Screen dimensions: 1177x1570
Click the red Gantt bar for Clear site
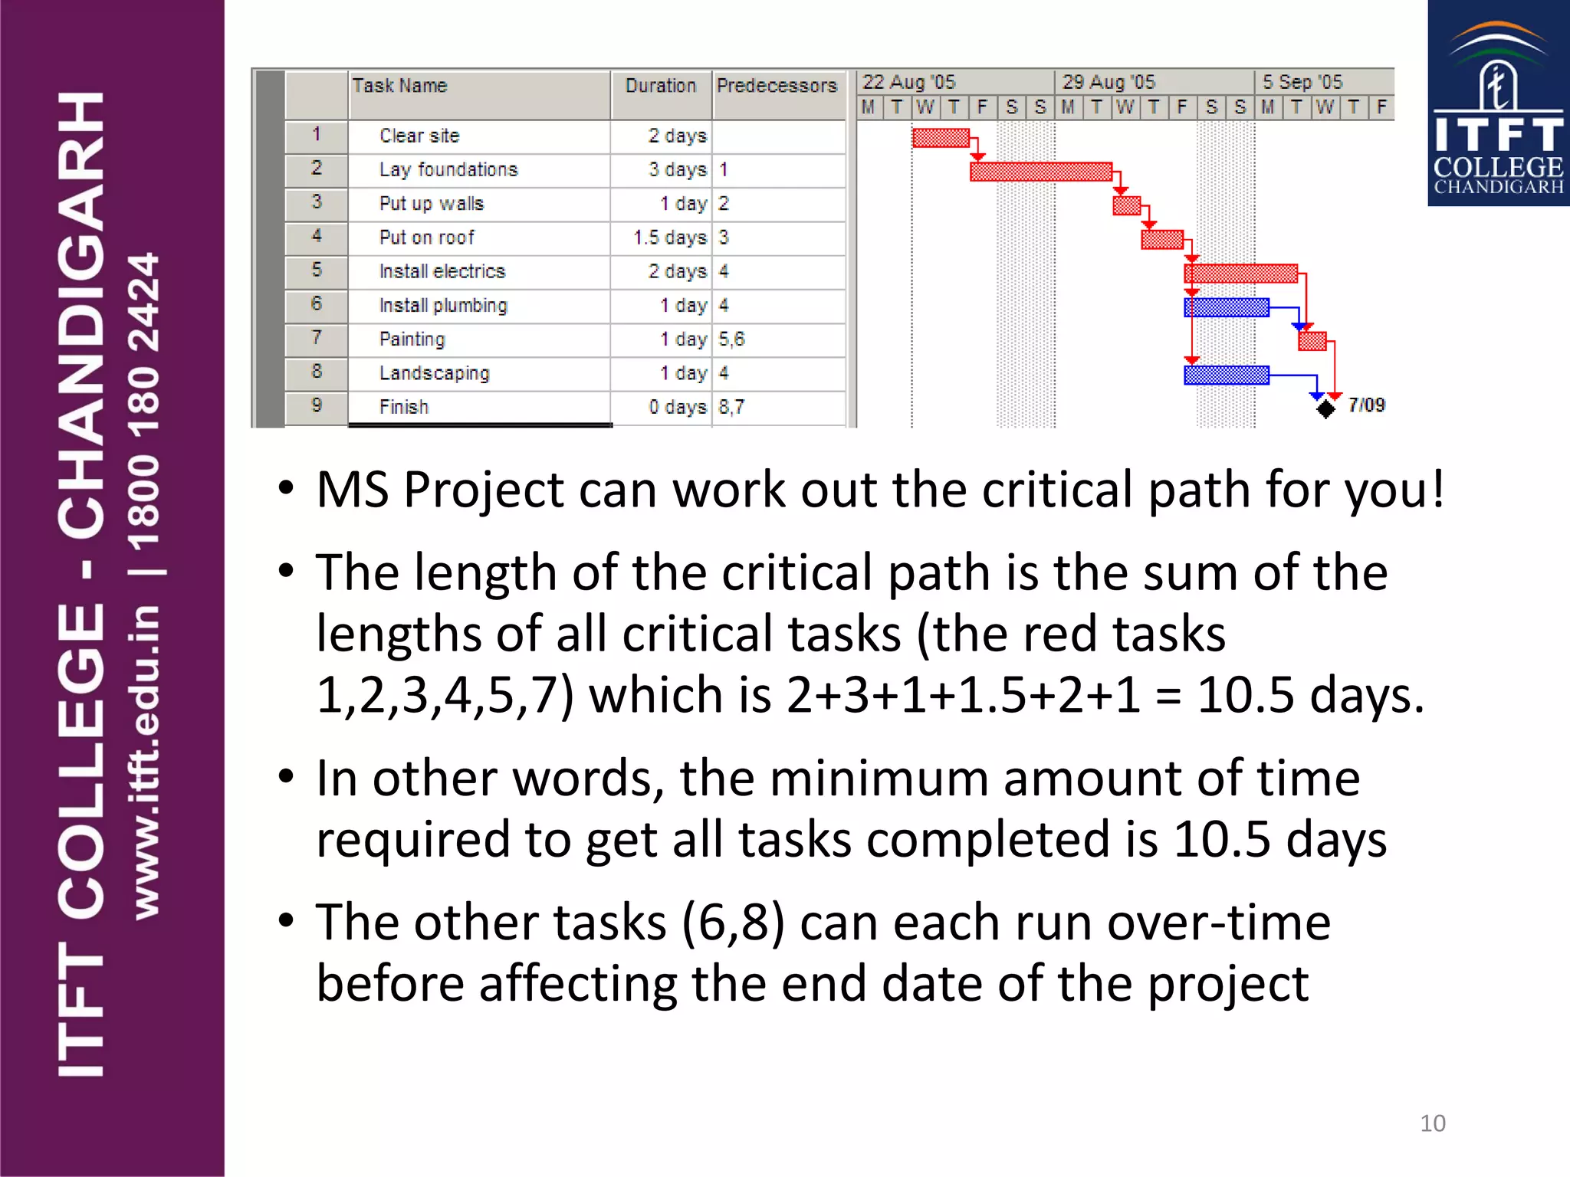941,138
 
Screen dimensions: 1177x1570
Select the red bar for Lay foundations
1040,172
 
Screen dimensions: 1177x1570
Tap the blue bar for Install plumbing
1226,307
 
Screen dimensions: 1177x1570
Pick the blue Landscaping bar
1226,375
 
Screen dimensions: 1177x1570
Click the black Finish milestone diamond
1325,409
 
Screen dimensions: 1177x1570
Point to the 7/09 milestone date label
1367,405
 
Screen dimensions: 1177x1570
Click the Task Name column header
400,86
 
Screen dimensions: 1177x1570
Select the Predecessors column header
777,86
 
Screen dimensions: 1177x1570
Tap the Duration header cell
660,86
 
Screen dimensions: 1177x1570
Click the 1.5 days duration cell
669,238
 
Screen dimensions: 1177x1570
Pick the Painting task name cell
412,339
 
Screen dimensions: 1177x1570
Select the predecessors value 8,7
731,407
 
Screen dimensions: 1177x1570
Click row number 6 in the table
317,304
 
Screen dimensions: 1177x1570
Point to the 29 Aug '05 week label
1109,82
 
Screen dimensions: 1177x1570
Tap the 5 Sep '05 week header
1302,82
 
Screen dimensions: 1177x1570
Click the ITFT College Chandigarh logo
1498,103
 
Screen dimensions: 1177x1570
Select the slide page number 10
1432,1123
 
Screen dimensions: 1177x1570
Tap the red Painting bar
1312,341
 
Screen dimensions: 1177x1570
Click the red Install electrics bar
1240,274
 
